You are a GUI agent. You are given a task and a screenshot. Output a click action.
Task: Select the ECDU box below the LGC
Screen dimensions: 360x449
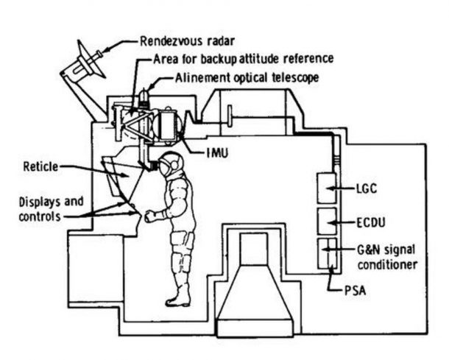326,221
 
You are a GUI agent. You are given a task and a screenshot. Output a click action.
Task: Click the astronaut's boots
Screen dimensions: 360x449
178,297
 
